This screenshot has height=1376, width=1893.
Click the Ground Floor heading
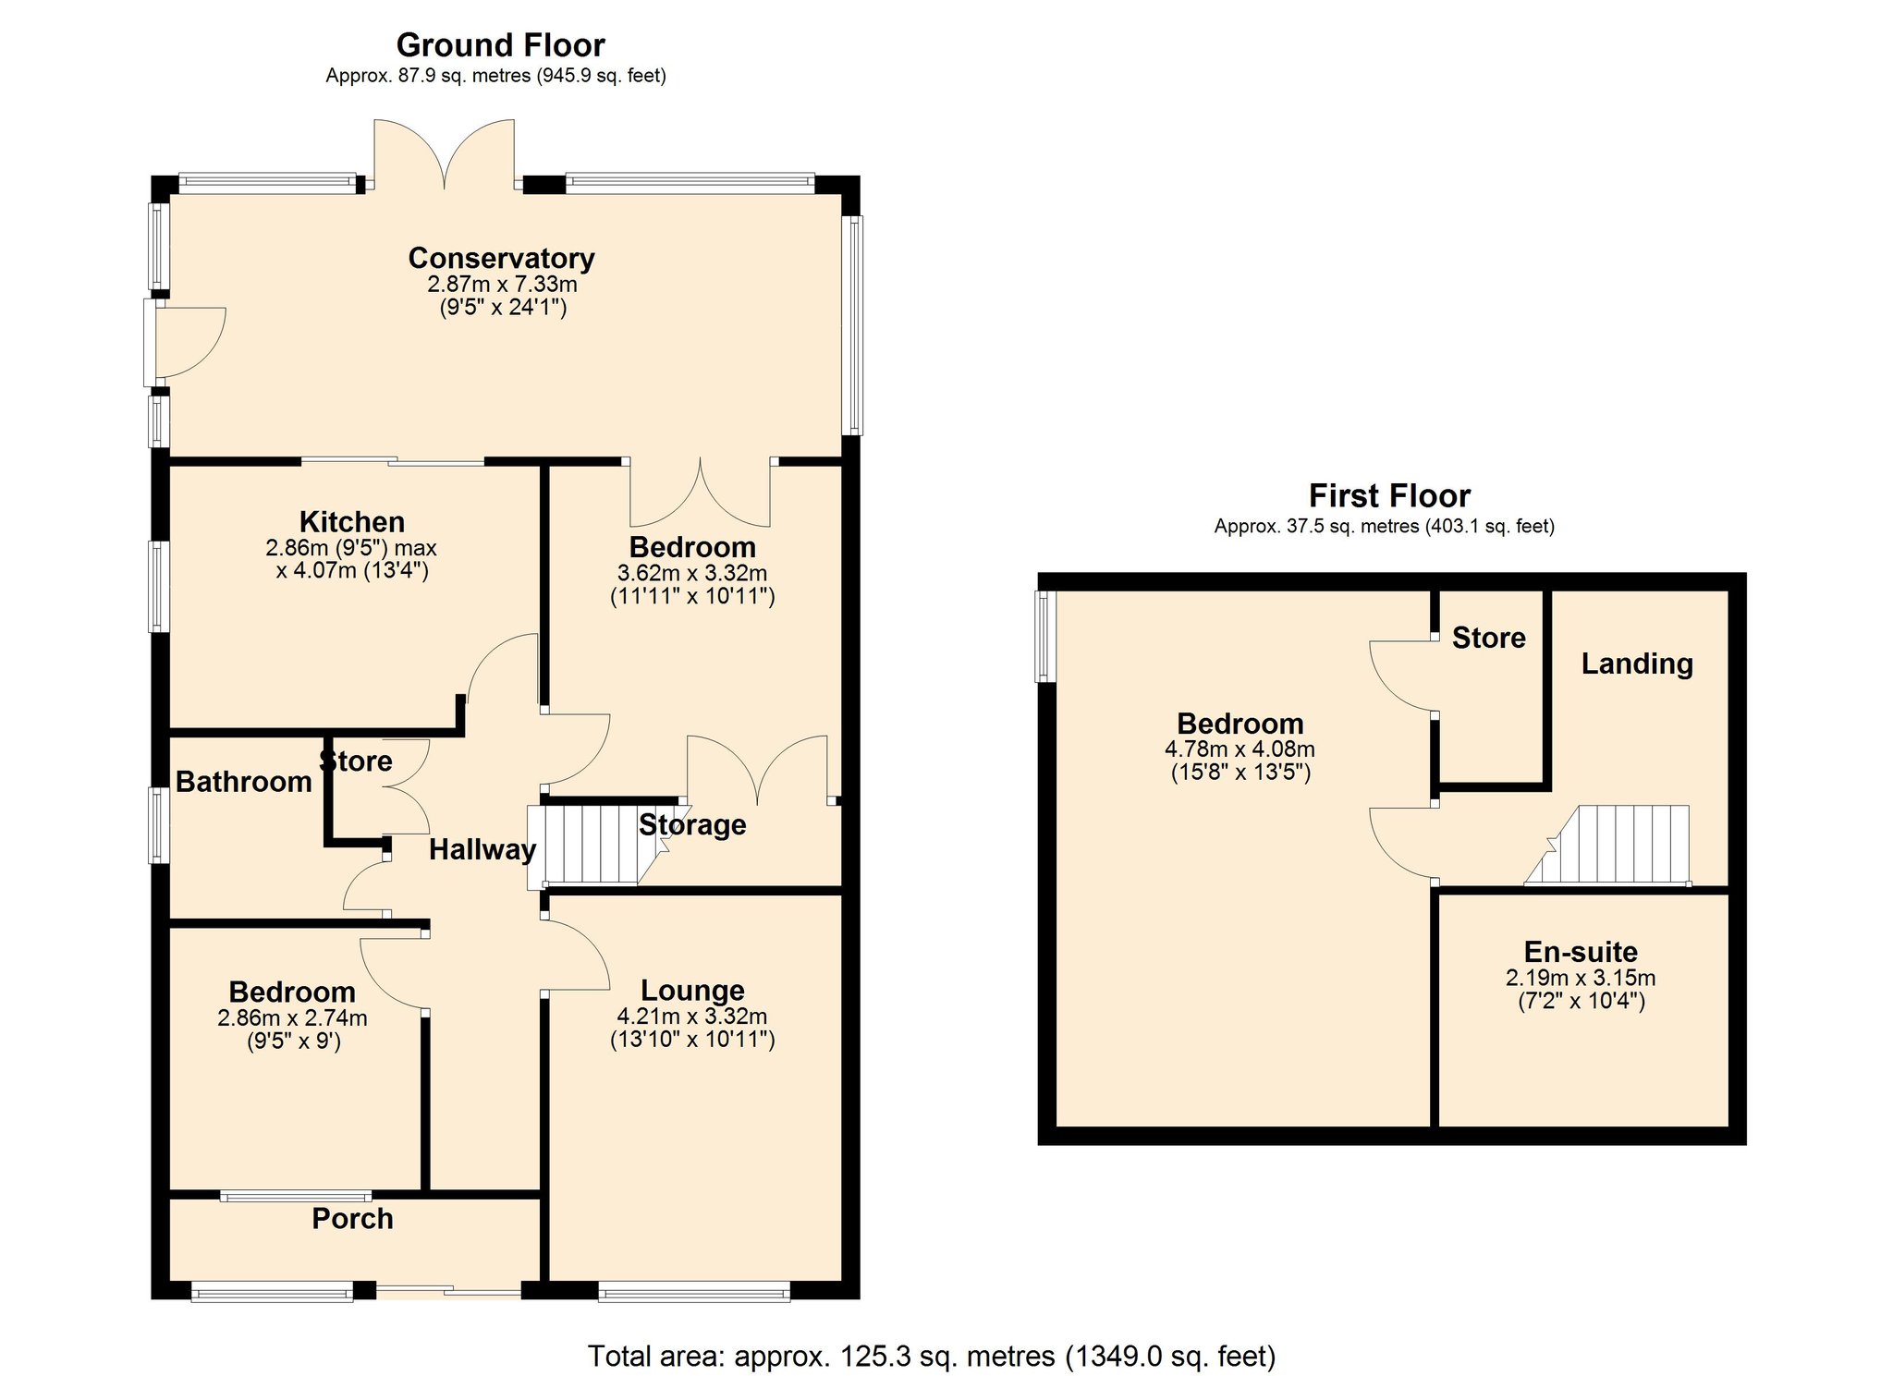(500, 45)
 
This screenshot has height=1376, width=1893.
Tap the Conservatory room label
(501, 258)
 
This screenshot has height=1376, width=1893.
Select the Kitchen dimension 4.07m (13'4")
(351, 570)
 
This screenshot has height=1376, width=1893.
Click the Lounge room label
(692, 990)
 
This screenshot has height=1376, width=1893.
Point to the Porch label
(352, 1219)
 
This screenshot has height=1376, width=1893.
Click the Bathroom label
(243, 782)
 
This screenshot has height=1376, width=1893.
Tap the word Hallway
(482, 849)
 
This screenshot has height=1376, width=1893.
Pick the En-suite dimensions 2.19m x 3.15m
(1581, 978)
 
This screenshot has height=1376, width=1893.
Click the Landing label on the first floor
(1636, 664)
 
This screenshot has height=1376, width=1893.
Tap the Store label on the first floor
(1488, 638)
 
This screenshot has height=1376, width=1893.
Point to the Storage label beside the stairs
(692, 824)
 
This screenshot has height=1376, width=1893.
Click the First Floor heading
(1388, 496)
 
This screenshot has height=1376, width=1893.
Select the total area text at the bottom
(932, 1356)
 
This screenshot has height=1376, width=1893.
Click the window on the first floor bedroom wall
(1045, 637)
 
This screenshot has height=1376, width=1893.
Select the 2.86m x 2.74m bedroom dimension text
(292, 1017)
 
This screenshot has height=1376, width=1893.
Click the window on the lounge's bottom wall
(693, 1291)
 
